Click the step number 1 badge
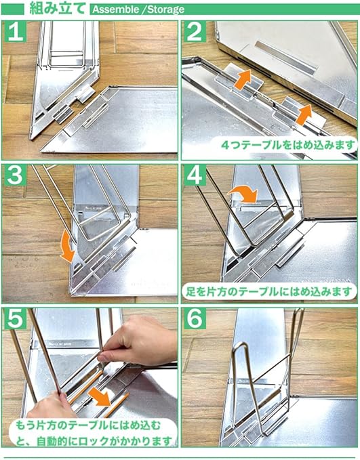[16, 32]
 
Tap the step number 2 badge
[195, 32]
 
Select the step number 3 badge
[16, 175]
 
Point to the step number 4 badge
[195, 175]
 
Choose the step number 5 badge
[16, 319]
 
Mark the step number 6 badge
[195, 319]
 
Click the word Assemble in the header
[116, 9]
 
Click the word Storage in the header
[166, 9]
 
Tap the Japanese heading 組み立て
[58, 8]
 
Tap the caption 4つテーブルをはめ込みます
[288, 144]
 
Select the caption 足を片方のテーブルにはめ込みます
[269, 291]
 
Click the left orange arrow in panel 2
[243, 79]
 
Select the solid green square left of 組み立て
[12, 9]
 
